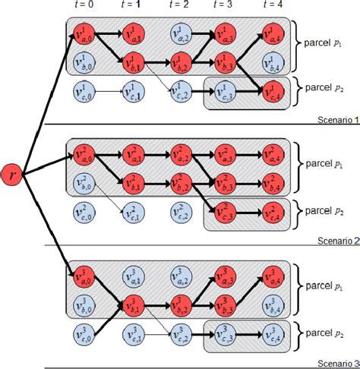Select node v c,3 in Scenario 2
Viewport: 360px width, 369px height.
click(x=223, y=214)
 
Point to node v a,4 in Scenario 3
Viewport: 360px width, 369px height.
click(x=270, y=276)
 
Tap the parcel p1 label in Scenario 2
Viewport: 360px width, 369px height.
click(x=324, y=162)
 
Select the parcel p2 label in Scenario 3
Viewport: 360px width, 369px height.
click(x=324, y=332)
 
